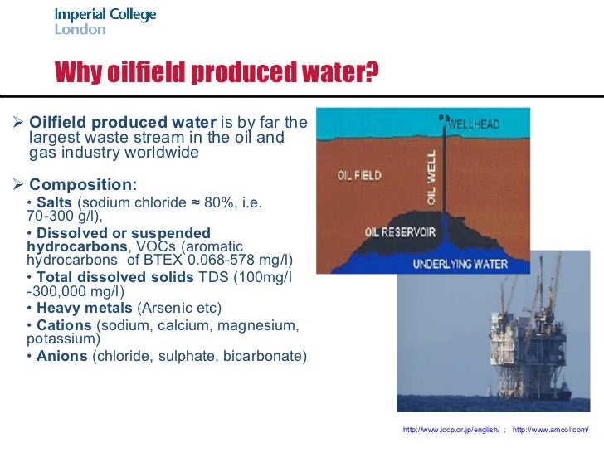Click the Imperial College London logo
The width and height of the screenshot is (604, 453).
click(x=105, y=22)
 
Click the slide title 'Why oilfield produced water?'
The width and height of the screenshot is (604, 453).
click(x=216, y=74)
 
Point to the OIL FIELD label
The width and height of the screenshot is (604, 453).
click(x=358, y=175)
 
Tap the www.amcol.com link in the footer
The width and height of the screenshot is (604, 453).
click(x=551, y=430)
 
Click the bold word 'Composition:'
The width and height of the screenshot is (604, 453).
click(x=83, y=184)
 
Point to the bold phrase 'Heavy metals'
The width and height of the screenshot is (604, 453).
click(x=75, y=308)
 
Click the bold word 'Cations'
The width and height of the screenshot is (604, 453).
click(x=64, y=324)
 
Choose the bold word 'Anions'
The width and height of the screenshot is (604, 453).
click(x=62, y=356)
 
